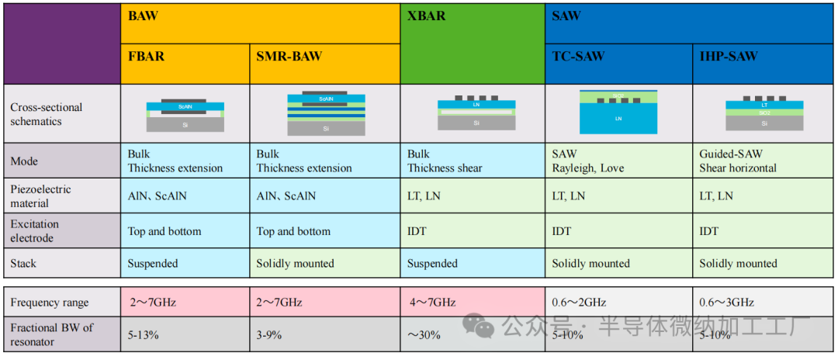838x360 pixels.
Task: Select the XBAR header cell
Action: [x=427, y=16]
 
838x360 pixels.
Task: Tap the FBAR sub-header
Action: [x=146, y=57]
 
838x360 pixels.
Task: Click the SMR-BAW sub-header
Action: [x=289, y=57]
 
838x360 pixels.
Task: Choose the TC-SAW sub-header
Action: [x=578, y=57]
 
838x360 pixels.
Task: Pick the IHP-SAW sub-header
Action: [x=729, y=57]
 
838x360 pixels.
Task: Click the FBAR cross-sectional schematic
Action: [x=185, y=114]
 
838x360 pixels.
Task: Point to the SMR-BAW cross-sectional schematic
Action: [x=324, y=114]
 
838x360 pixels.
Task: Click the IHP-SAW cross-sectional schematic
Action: [x=764, y=114]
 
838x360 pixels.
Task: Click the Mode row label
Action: [x=24, y=161]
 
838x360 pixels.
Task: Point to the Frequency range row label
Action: [x=50, y=303]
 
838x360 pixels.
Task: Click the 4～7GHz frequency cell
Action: [x=431, y=303]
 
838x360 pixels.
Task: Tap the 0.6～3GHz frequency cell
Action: [x=726, y=303]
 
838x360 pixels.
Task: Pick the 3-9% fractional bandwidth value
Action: [x=268, y=335]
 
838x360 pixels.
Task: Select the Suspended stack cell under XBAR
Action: [x=432, y=264]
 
